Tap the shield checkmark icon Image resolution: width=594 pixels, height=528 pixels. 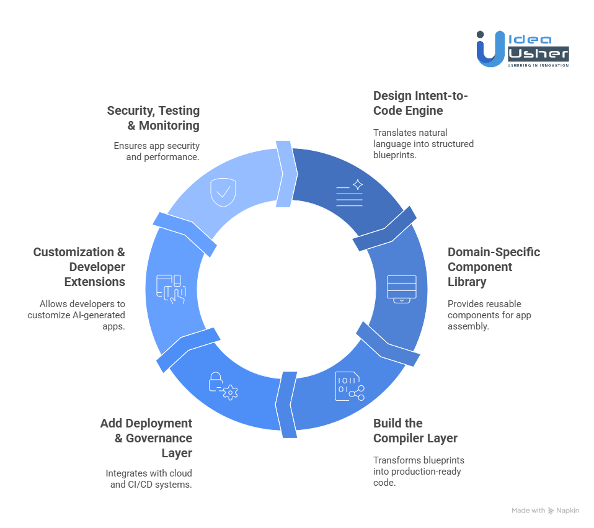click(x=223, y=192)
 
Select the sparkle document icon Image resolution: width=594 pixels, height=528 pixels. click(x=350, y=192)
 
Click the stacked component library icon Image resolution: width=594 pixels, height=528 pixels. click(x=402, y=288)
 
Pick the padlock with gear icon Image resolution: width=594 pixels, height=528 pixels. click(x=223, y=385)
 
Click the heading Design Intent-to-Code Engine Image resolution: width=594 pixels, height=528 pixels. click(x=420, y=103)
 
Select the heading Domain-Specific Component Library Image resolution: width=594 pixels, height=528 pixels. click(x=494, y=267)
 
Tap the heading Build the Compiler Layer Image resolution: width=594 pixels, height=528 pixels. click(x=415, y=431)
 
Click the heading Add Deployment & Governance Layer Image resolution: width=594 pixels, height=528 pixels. click(x=146, y=438)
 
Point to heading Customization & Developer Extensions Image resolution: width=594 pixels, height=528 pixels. click(x=79, y=267)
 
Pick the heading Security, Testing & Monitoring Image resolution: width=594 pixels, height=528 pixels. click(x=153, y=118)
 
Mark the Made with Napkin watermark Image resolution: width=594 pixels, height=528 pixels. click(x=545, y=510)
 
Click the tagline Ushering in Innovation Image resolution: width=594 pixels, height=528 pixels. click(x=538, y=65)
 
